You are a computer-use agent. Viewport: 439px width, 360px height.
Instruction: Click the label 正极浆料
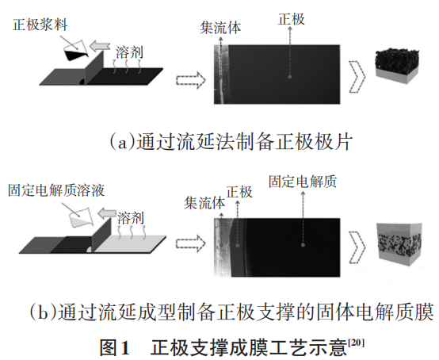click(40, 25)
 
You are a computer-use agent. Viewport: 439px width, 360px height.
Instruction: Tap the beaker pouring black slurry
click(75, 51)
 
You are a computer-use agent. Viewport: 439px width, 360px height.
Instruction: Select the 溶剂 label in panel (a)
click(129, 52)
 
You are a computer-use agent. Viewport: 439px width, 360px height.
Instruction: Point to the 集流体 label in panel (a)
click(220, 28)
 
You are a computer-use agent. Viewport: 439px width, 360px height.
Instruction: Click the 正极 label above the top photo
click(291, 19)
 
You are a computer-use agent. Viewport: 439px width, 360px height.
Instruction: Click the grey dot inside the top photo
click(290, 76)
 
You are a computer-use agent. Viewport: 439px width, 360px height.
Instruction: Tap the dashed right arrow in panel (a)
click(191, 80)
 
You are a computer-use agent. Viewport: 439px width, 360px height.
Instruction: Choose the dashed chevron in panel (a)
click(357, 76)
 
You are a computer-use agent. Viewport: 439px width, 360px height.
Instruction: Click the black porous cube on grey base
click(397, 66)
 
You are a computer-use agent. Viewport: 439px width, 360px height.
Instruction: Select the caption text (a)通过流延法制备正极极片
click(231, 142)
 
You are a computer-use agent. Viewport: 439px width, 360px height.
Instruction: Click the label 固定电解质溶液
click(56, 190)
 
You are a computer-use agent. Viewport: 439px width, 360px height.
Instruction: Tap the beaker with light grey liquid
click(81, 218)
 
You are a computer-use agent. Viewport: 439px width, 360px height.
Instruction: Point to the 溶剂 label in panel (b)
click(131, 218)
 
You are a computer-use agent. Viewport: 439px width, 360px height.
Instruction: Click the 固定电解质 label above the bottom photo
click(303, 182)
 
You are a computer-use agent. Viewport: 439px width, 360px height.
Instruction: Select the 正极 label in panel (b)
click(239, 192)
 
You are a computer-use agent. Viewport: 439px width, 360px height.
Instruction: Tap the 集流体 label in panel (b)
click(204, 202)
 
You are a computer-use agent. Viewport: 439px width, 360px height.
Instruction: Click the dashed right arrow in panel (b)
click(191, 243)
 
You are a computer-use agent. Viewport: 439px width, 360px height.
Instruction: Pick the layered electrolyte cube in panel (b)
click(399, 244)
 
